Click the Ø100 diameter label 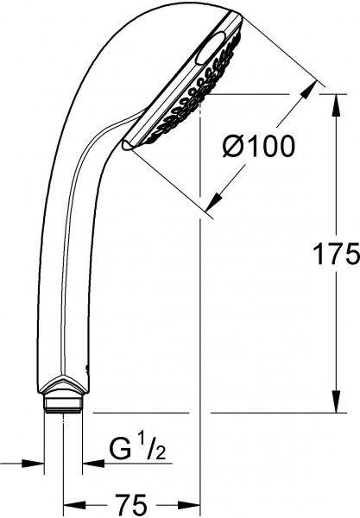click(x=258, y=148)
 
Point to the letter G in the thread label click(x=121, y=448)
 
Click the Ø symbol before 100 click(x=232, y=148)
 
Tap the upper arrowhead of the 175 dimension click(x=333, y=92)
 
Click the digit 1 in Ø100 click(x=251, y=148)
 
